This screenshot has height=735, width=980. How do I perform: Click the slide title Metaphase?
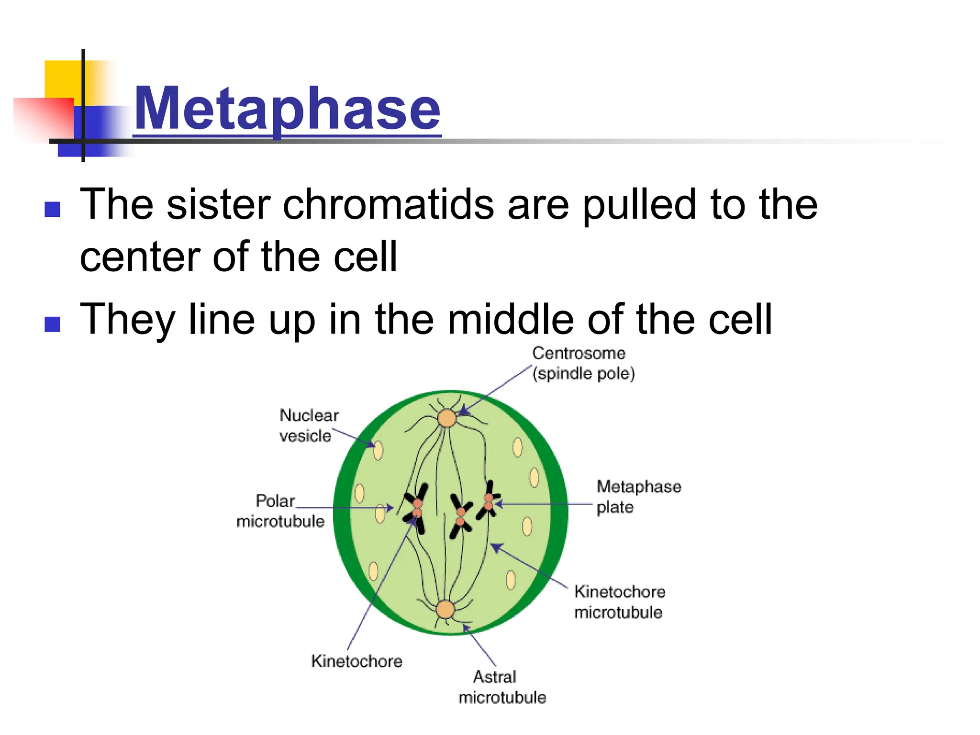(x=287, y=109)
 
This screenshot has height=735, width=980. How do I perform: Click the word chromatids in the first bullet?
(x=388, y=204)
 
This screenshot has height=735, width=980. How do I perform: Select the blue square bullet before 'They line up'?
(x=52, y=324)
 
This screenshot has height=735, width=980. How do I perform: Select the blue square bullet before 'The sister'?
(x=52, y=209)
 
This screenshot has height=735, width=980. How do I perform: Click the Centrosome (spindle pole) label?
(x=583, y=363)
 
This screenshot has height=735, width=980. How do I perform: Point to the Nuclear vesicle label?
(x=308, y=425)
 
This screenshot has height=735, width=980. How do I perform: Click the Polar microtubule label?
(x=280, y=511)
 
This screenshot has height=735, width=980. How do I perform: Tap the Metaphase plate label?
(x=638, y=497)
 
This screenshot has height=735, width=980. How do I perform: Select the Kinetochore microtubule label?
(x=619, y=602)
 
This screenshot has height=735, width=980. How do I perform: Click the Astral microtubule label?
(x=501, y=687)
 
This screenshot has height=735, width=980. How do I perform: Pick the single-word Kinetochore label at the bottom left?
(x=356, y=661)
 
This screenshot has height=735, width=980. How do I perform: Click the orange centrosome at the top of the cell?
(x=447, y=418)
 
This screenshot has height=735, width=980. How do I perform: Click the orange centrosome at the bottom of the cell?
(x=445, y=610)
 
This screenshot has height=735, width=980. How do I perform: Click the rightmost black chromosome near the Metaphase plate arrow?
(x=489, y=501)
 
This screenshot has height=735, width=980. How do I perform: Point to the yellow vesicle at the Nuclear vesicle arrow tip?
(x=378, y=450)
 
